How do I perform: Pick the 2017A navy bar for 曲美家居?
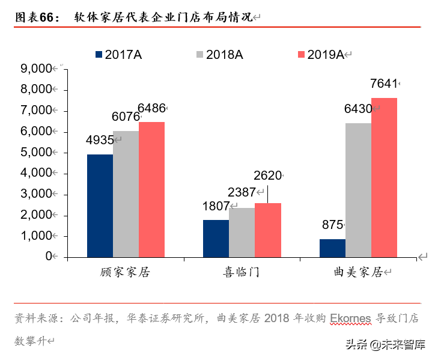pos(332,248)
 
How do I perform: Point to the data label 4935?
pos(100,140)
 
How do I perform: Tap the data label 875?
pos(332,225)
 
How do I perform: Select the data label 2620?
pos(267,176)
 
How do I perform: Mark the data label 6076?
pos(126,117)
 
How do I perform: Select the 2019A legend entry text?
pos(325,55)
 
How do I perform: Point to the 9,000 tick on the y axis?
pos(37,69)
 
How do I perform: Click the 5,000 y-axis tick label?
pos(37,153)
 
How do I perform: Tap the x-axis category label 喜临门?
pos(242,273)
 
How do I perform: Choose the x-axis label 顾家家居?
pos(125,273)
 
